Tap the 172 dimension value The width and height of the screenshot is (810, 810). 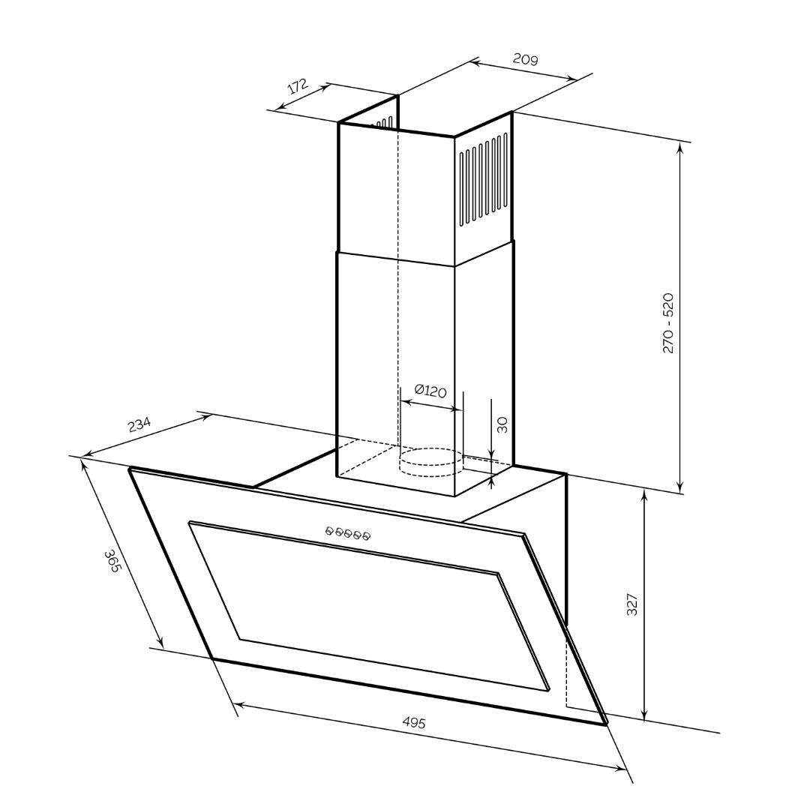(x=298, y=85)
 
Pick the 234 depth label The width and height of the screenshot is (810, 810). (x=139, y=424)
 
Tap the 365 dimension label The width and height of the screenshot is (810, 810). (x=112, y=561)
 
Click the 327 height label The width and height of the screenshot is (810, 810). (x=632, y=605)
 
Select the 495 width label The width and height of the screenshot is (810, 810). (x=414, y=723)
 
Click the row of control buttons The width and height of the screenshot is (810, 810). (x=348, y=534)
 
